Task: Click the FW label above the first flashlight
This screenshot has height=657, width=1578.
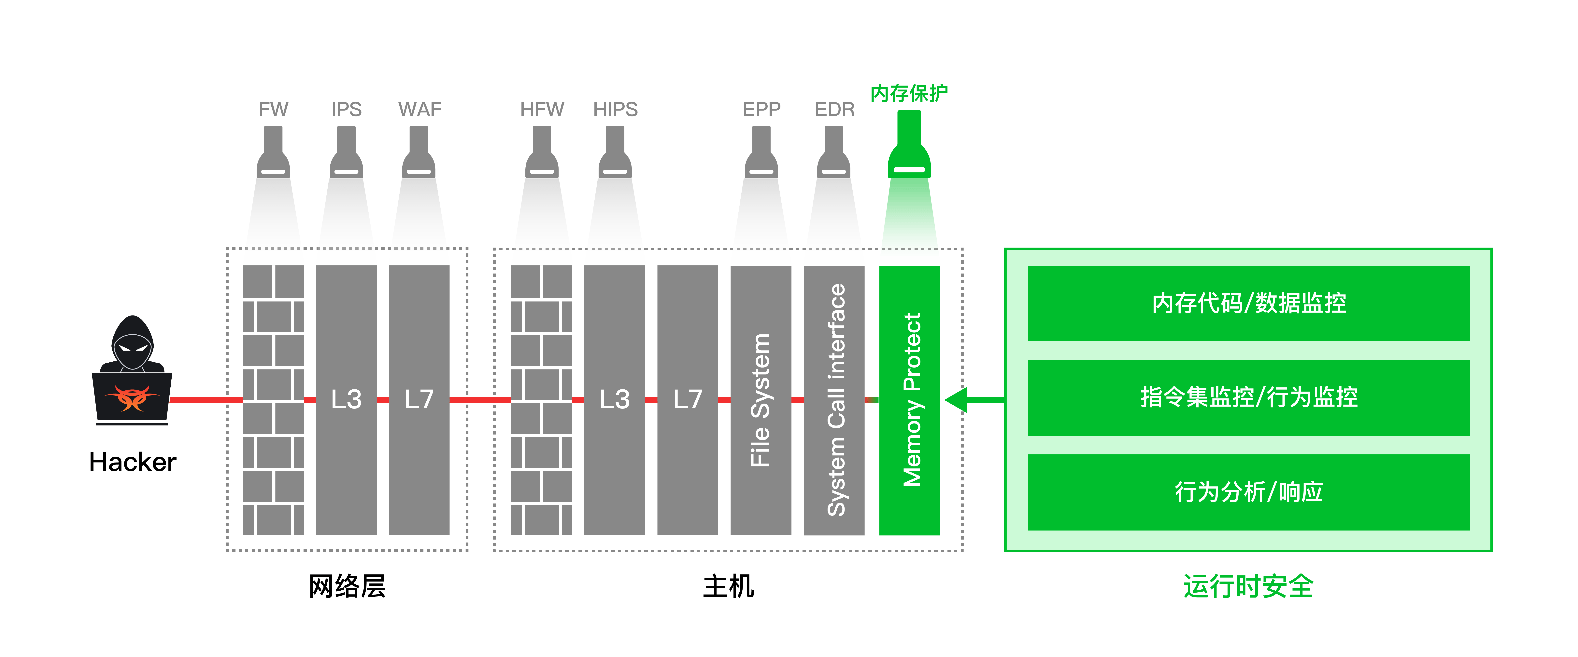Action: tap(273, 109)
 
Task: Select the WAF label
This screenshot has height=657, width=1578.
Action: tap(420, 109)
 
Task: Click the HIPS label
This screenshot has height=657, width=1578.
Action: tap(615, 109)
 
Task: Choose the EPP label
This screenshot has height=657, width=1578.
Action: tap(761, 109)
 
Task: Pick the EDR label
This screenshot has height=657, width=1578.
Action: tap(834, 109)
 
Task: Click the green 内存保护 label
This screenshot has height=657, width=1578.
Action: tap(909, 93)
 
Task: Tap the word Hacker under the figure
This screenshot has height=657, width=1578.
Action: tap(132, 462)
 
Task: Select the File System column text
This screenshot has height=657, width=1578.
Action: tap(760, 400)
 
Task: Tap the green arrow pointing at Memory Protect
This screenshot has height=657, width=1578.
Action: tap(974, 400)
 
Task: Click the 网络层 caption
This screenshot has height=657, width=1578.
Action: tap(347, 586)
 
